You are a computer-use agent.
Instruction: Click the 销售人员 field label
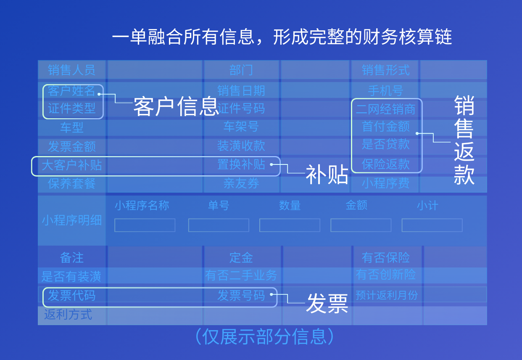[71, 70]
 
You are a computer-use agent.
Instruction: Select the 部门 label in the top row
[241, 70]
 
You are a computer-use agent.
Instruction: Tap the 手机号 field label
[385, 90]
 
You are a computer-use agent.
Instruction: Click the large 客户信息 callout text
[176, 106]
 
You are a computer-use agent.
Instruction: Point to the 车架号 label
[241, 127]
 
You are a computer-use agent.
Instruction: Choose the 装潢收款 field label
[241, 146]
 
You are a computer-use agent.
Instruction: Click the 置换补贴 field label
[241, 164]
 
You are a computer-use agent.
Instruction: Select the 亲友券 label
[241, 183]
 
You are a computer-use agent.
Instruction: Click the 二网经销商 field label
[385, 109]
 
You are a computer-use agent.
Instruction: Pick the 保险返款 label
[385, 164]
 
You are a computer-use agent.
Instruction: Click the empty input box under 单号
[219, 225]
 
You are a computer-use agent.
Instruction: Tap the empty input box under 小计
[432, 225]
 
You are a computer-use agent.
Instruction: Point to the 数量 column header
[290, 206]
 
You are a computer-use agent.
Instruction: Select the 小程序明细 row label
[71, 220]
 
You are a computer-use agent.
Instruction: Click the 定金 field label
[241, 257]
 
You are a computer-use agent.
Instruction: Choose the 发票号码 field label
[241, 296]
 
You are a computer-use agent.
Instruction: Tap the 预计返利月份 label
[387, 295]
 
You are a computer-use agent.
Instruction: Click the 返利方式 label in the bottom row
[68, 314]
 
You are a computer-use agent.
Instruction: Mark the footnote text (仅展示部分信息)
[265, 336]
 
